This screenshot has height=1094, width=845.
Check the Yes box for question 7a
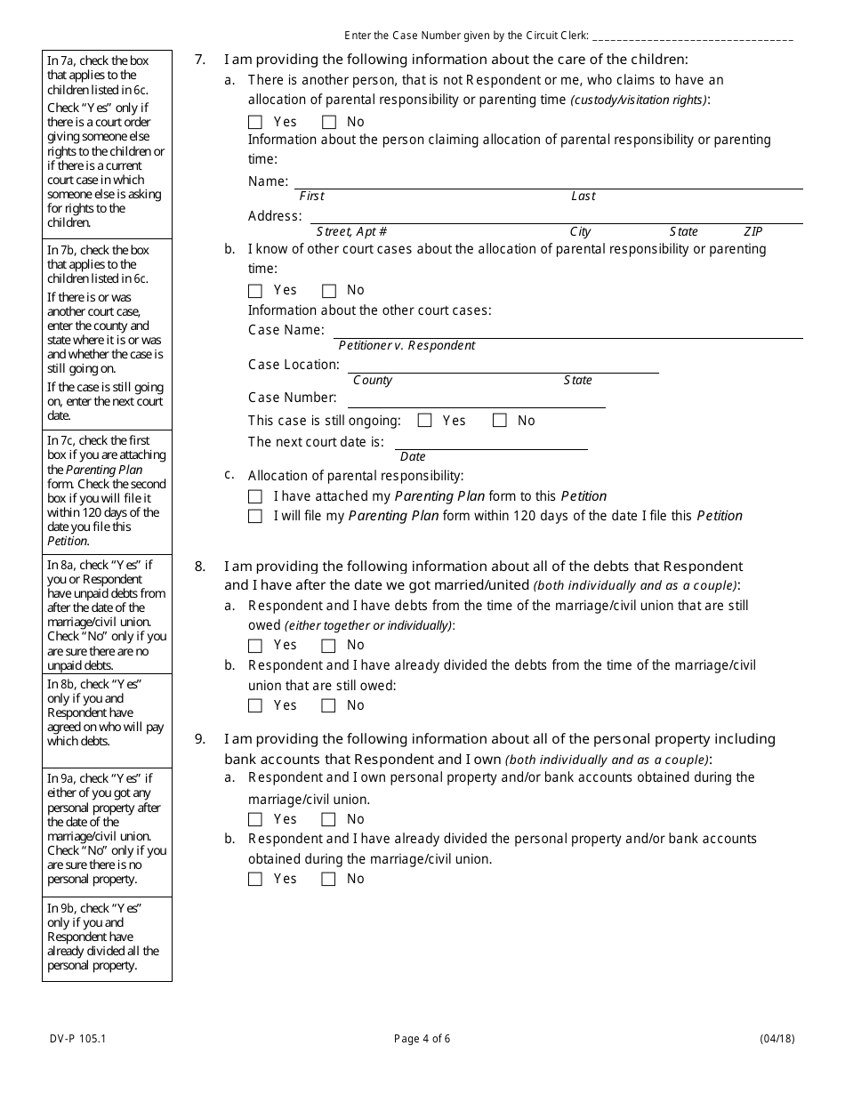[255, 123]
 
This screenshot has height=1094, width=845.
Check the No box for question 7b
[329, 291]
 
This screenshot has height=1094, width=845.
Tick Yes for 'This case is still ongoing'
[424, 421]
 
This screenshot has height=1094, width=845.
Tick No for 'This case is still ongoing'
[500, 421]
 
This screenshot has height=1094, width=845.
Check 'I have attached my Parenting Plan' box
[255, 497]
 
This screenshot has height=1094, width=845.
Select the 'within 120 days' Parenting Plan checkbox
[255, 517]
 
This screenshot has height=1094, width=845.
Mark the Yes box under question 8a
[255, 646]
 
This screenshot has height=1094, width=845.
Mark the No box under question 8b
[329, 706]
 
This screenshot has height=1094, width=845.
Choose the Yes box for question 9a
[255, 820]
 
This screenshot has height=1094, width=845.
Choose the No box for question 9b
[329, 880]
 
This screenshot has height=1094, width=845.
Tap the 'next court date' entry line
[491, 443]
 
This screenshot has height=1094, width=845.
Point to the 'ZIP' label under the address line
[752, 231]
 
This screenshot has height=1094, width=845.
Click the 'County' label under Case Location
[372, 381]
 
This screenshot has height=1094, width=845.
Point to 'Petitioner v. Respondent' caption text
[406, 346]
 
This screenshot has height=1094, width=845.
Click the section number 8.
[200, 567]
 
